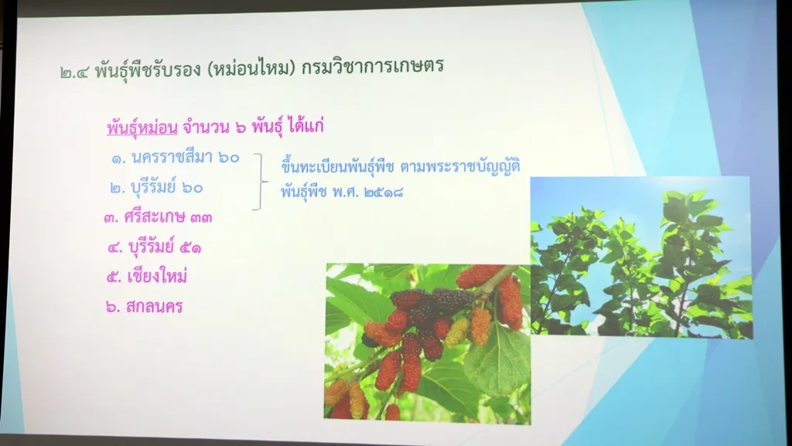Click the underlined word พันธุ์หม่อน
coord(142,128)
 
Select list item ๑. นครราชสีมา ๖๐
coord(176,158)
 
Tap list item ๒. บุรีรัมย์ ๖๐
coord(156,188)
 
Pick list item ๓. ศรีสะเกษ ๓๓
coord(158,217)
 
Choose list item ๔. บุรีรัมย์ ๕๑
coord(155,247)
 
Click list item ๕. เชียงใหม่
coord(147,276)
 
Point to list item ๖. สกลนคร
coord(145,306)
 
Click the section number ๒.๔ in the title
coord(74,72)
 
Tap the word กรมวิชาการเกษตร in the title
coord(372,66)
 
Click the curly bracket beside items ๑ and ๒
coord(261,182)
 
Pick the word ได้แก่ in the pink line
coord(305,126)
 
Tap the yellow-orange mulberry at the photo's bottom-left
coord(357,400)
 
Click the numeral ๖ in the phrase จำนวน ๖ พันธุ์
coord(241,128)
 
